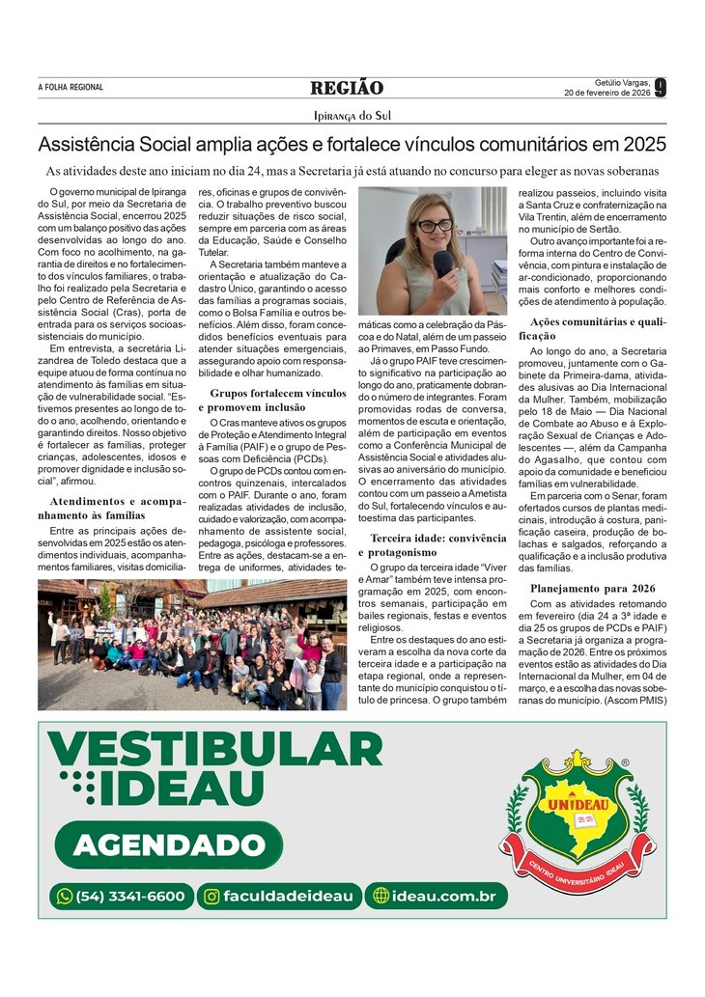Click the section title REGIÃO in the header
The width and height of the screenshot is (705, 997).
[x=347, y=89]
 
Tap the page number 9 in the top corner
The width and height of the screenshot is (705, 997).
[x=660, y=88]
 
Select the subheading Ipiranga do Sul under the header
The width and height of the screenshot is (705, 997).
[x=352, y=116]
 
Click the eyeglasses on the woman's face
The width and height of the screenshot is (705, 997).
[x=434, y=226]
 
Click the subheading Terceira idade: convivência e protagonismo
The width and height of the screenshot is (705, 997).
[x=437, y=543]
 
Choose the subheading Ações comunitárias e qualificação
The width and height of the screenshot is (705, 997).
[x=592, y=328]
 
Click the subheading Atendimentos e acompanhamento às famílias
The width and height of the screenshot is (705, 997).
[x=111, y=508]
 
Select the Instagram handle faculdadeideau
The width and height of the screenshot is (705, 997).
[x=279, y=897]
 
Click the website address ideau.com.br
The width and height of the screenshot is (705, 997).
[x=436, y=897]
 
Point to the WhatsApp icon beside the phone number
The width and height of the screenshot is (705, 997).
[x=65, y=897]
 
